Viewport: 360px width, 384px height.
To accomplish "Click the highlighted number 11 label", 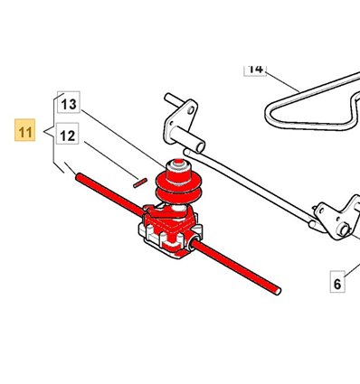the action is [x=25, y=130].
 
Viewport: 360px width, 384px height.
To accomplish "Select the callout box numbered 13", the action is [x=69, y=102].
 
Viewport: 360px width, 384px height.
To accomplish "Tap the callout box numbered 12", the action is [x=68, y=134].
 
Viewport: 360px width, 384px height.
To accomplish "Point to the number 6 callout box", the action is [x=337, y=282].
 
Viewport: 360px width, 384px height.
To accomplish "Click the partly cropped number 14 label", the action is [x=255, y=70].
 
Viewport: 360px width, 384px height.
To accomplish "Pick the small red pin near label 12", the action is [x=140, y=183].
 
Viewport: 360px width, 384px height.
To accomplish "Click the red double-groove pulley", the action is [x=179, y=186].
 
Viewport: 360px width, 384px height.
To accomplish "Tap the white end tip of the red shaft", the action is [x=278, y=292].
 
